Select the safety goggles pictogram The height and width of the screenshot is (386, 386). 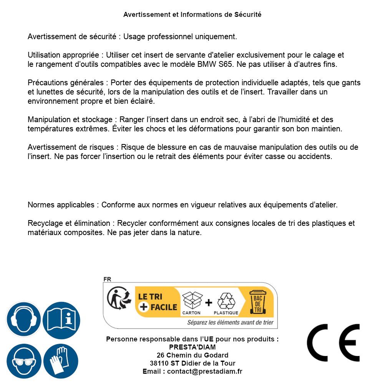point(24,361)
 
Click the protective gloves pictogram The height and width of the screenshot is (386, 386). point(61,361)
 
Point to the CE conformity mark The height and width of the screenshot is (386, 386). point(333,343)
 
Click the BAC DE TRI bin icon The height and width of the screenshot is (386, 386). point(258,303)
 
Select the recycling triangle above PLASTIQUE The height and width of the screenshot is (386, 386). point(226,301)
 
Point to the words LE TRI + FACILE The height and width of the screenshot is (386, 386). point(157,302)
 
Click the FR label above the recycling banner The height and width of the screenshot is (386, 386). point(107,279)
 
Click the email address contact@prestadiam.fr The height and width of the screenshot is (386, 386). point(205,371)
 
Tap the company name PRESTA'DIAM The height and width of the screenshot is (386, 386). point(192,347)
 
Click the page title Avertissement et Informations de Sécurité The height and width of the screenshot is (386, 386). point(192,15)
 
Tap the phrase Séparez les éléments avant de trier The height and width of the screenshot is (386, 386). point(230,322)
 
